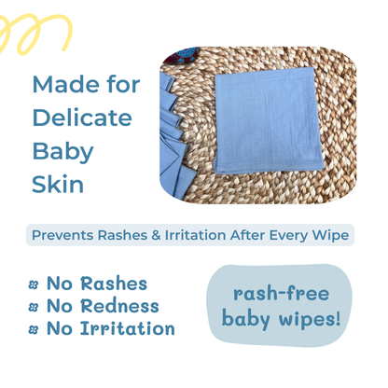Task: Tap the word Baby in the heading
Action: [62, 150]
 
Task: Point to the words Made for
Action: [86, 84]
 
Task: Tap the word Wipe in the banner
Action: [332, 235]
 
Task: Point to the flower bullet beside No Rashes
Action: [34, 284]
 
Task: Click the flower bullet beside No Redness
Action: [34, 307]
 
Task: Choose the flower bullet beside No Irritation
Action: [34, 329]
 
